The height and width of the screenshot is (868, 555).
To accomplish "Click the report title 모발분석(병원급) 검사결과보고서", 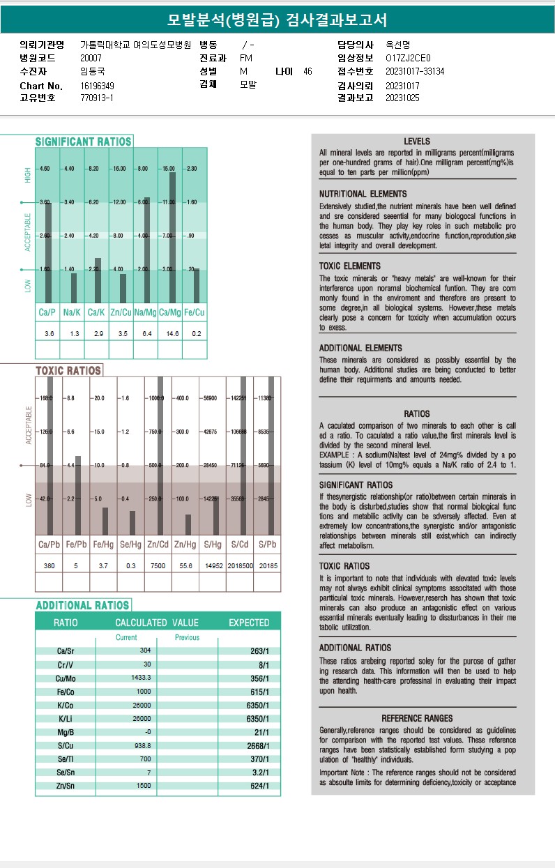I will [277, 20].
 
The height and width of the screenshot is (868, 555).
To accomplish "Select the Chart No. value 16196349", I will [98, 86].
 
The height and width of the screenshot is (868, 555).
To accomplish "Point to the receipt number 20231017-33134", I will [415, 71].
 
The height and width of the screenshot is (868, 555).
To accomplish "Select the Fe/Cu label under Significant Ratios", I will [196, 313].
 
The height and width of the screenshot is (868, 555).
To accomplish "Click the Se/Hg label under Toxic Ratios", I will [130, 545].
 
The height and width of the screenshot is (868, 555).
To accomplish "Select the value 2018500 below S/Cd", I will [239, 566].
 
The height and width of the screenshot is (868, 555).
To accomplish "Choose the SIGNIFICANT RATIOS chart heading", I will [84, 142].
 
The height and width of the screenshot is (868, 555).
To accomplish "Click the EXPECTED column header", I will [249, 623].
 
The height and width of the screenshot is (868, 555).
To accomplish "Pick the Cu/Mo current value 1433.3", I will [141, 678].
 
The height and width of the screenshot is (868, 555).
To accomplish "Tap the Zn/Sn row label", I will [66, 786].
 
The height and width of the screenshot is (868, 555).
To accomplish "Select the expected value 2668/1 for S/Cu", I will [259, 745].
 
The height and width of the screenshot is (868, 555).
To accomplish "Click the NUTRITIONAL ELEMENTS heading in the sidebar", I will [363, 194].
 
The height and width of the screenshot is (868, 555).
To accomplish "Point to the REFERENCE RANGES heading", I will [417, 718].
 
